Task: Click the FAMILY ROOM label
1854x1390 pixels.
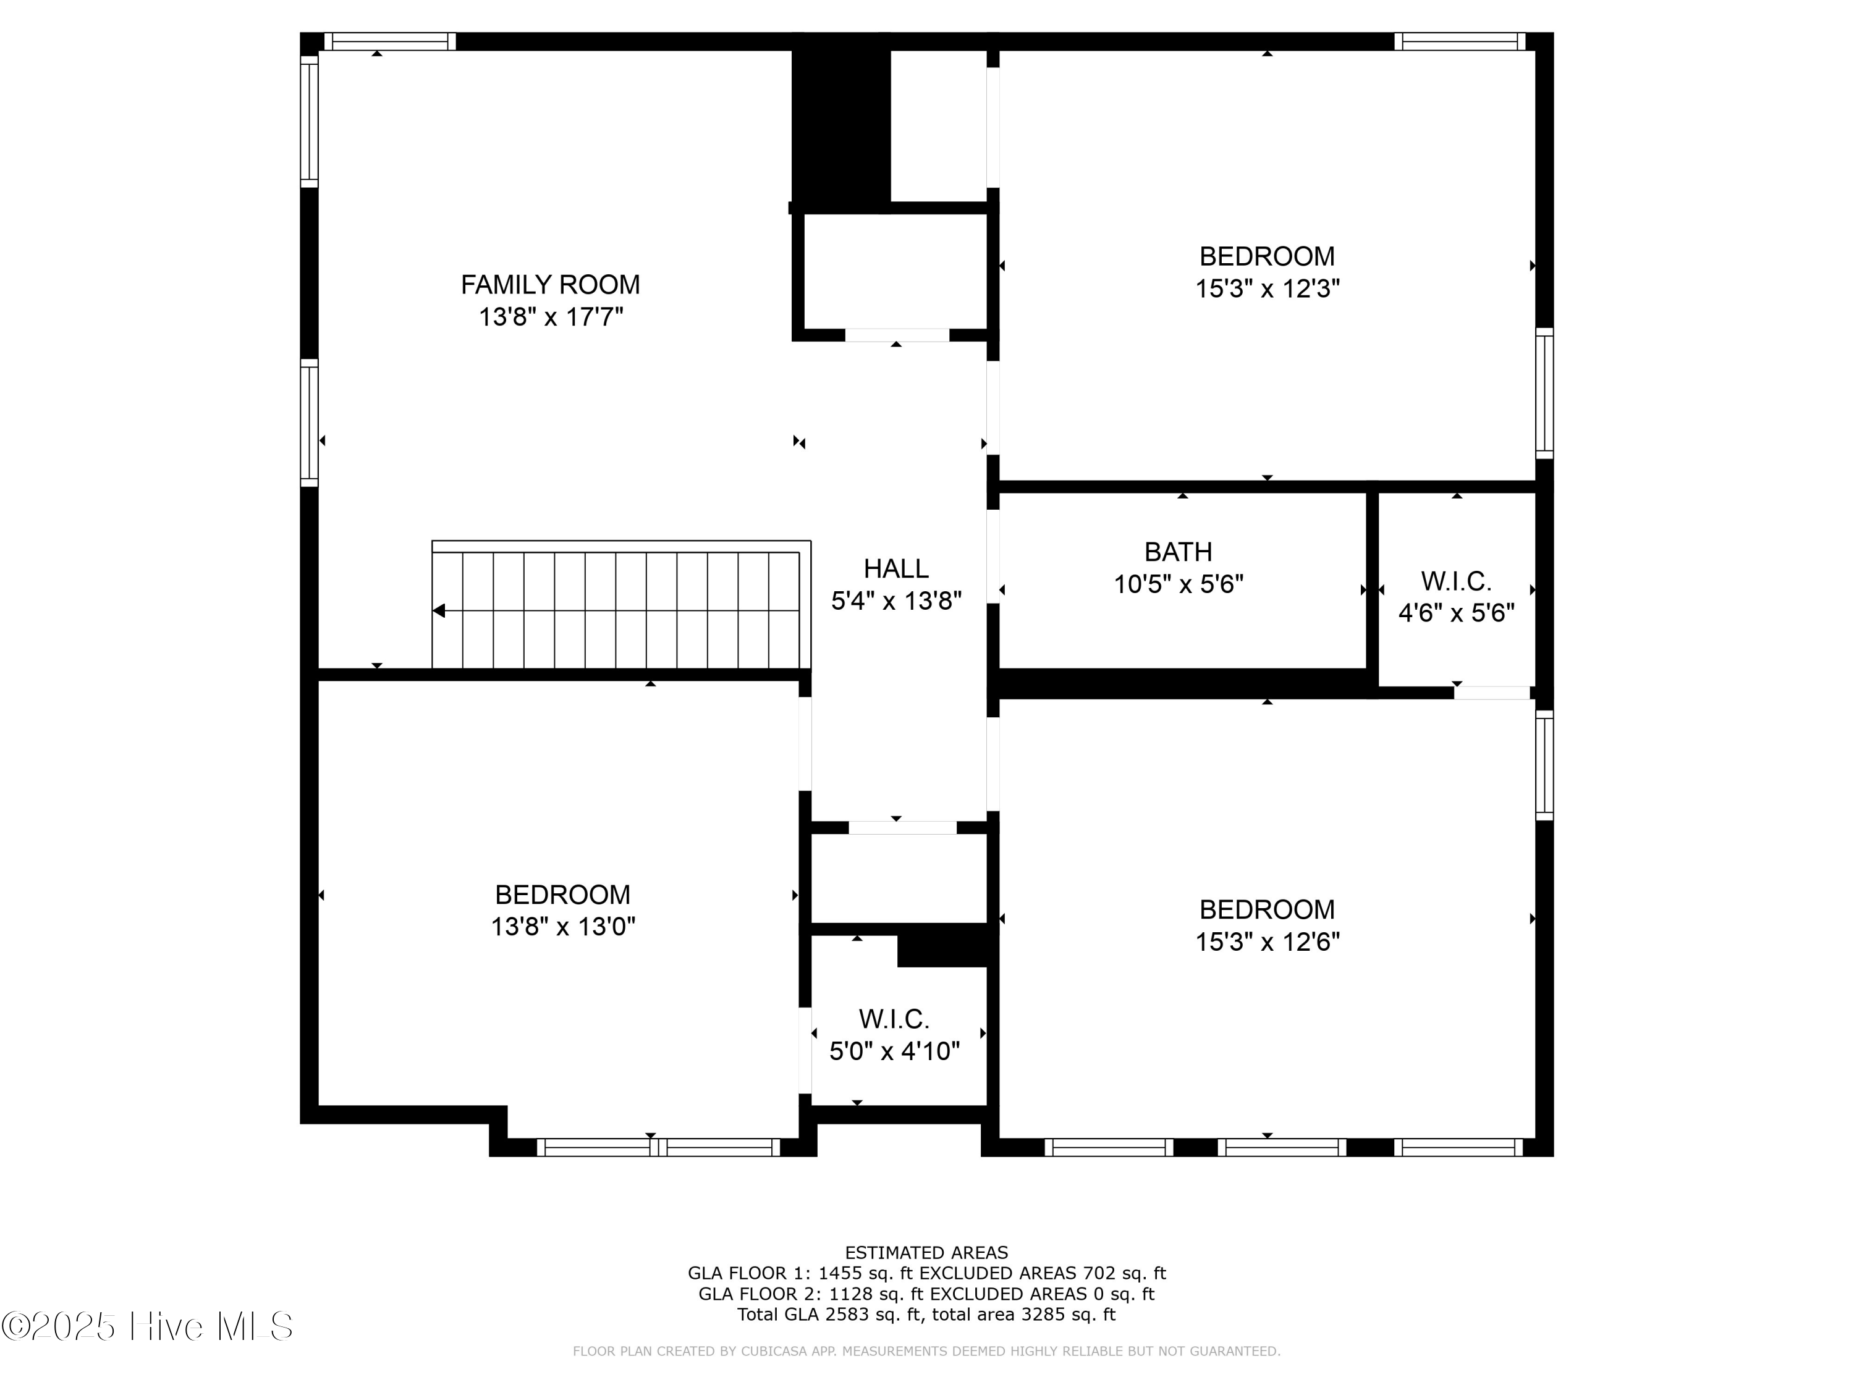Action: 550,285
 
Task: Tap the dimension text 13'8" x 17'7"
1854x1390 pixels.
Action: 551,318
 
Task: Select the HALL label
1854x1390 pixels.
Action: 896,569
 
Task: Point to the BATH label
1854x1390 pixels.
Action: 1178,552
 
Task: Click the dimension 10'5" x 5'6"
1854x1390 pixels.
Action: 1178,584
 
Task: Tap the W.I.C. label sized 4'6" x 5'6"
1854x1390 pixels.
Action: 1456,581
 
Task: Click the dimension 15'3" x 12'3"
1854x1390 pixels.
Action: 1266,289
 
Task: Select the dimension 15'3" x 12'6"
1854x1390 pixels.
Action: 1266,941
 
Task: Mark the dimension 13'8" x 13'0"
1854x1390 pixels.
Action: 562,927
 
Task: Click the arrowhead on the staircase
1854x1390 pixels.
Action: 438,611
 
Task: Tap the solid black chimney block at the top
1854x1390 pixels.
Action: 840,125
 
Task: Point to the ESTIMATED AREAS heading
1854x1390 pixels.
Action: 926,1253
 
